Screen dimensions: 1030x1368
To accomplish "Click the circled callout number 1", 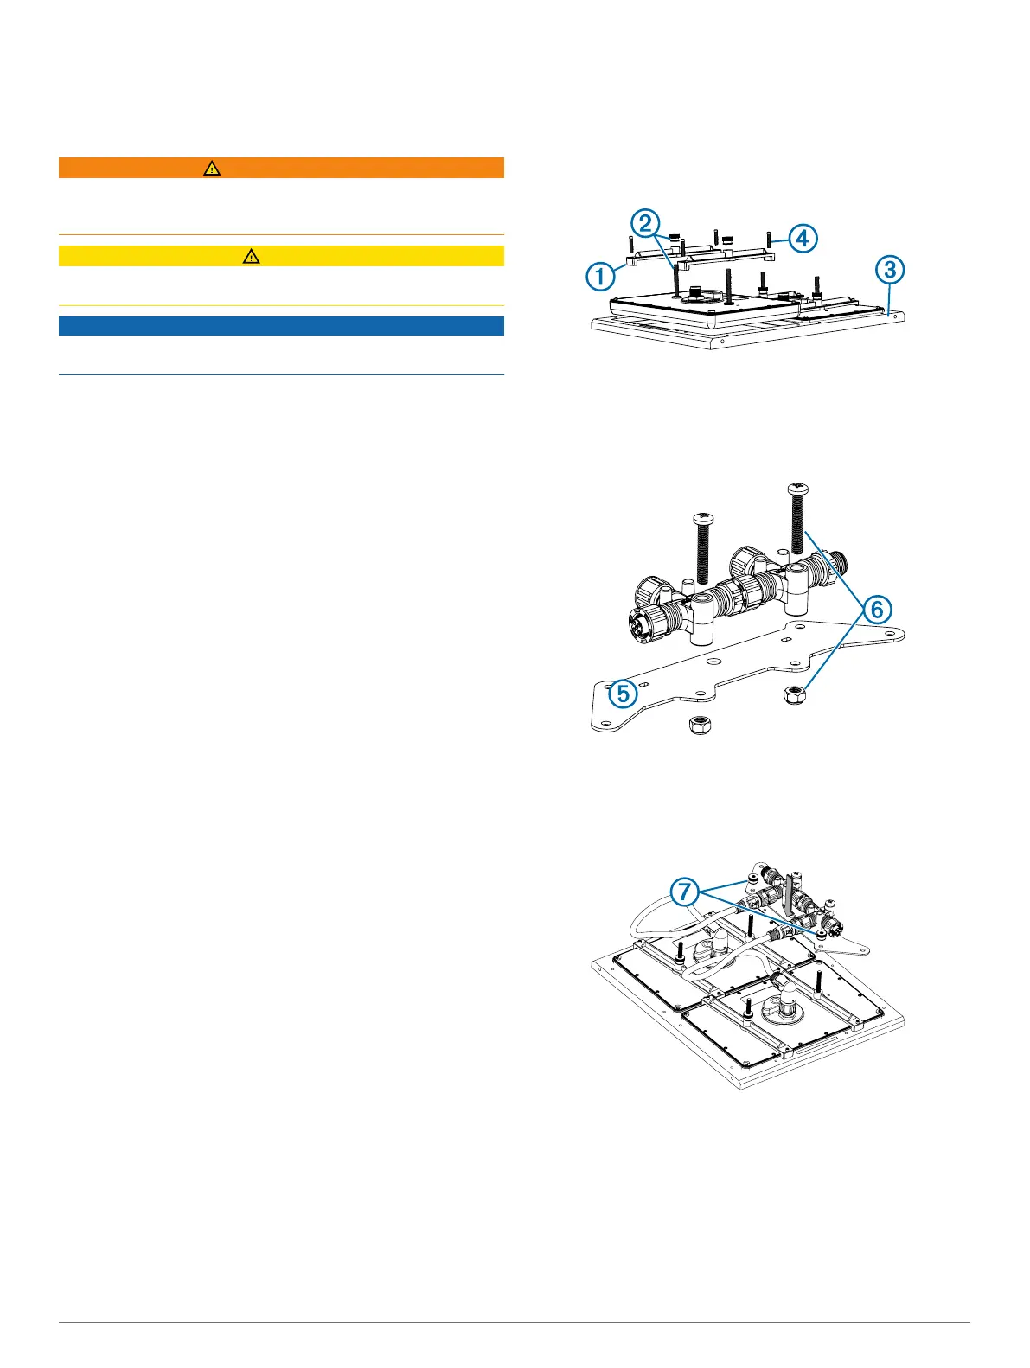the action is click(x=599, y=277).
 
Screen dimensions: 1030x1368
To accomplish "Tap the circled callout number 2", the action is click(x=644, y=224).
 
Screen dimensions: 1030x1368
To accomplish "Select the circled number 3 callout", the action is click(x=889, y=271).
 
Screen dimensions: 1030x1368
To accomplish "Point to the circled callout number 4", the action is click(x=803, y=237).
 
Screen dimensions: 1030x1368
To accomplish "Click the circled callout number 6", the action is click(x=877, y=610).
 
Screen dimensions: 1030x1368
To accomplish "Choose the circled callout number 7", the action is click(x=685, y=891).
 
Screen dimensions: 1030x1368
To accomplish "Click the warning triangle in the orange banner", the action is click(x=212, y=169).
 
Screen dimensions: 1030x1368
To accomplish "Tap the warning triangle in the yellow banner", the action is click(x=251, y=256).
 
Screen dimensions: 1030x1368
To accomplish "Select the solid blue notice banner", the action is click(x=281, y=326).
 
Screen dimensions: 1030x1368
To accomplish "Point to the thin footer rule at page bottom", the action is click(x=515, y=1322).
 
